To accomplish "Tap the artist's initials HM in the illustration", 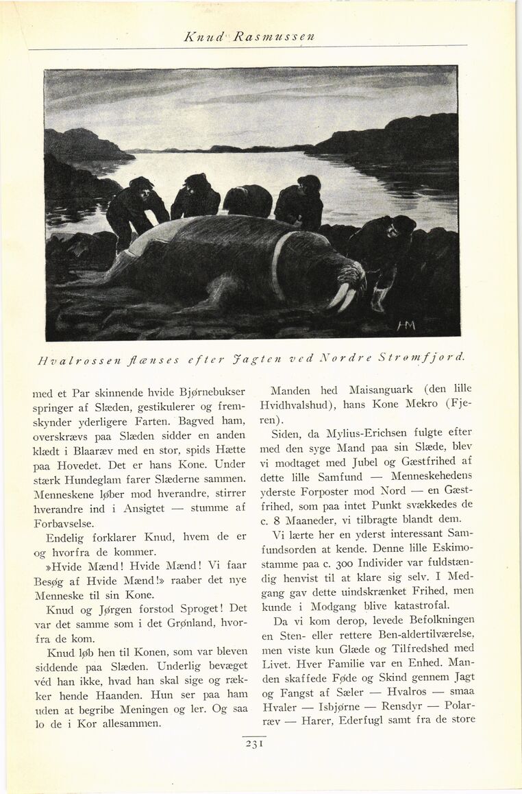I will (x=406, y=324).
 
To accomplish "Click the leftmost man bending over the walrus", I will (x=134, y=209).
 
